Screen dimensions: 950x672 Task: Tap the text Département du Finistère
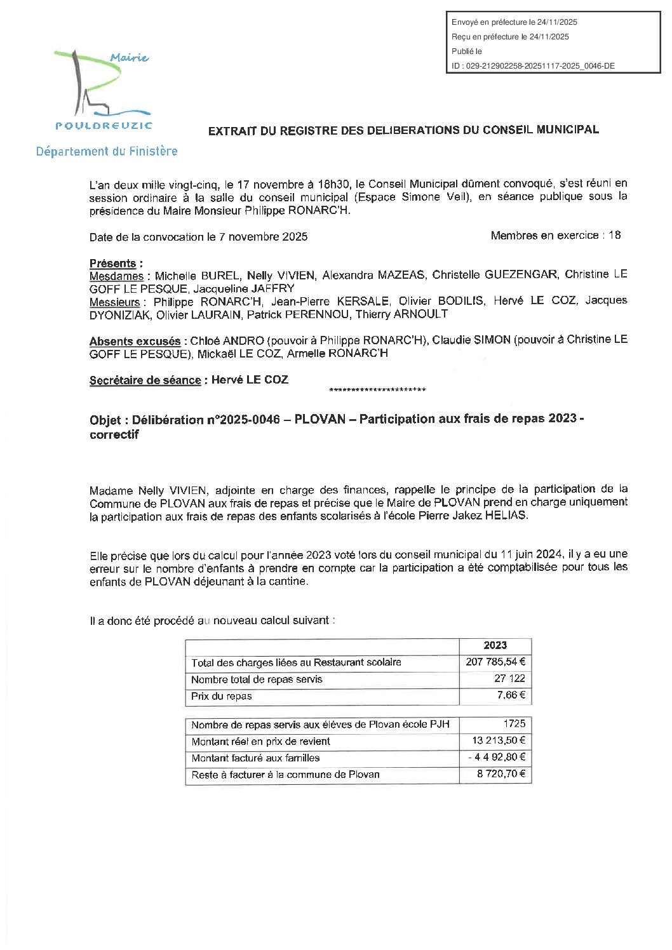coord(107,152)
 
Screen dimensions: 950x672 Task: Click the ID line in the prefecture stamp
coord(533,65)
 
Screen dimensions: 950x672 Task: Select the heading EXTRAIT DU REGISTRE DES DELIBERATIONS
coord(403,130)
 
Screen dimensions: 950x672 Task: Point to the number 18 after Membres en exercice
coord(614,236)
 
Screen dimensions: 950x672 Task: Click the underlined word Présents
coord(113,264)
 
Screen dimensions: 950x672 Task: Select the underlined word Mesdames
coord(117,276)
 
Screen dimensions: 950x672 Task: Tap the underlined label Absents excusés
coord(135,342)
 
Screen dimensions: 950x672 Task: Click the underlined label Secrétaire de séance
coord(145,380)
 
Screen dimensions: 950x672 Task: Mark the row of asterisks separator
coord(378,390)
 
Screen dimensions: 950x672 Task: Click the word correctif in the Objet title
coord(114,435)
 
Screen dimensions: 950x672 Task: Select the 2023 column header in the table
coord(495,646)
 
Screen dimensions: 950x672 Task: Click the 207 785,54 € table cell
coord(495,662)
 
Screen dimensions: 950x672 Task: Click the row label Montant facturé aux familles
coord(255,758)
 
